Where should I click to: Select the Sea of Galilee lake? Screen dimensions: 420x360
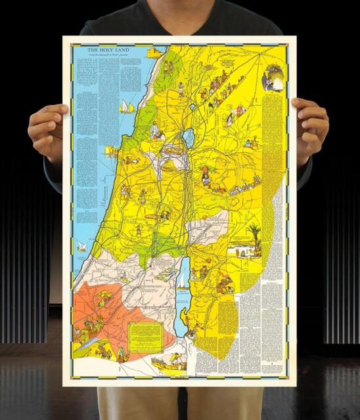coord(189,138)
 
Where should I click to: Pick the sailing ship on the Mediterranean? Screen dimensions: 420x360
coord(125,106)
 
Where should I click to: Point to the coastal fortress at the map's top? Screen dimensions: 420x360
coord(156,53)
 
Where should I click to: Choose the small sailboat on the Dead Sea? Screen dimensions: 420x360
coord(180,279)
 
